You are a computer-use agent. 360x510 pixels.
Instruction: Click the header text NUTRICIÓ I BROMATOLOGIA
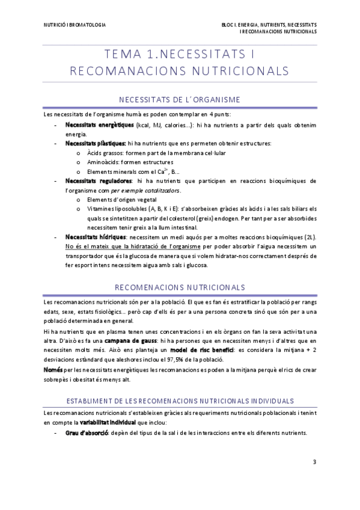coord(75,25)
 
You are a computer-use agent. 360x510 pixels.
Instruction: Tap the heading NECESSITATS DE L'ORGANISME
coord(180,99)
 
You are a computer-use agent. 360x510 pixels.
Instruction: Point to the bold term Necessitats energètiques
coord(99,125)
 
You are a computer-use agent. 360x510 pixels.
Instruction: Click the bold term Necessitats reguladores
coord(98,180)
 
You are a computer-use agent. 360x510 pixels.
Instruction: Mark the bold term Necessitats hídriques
coord(95,237)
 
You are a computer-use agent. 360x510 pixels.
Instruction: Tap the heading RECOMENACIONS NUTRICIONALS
coord(180,287)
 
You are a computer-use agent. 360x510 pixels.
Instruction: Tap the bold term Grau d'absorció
coord(86,433)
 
